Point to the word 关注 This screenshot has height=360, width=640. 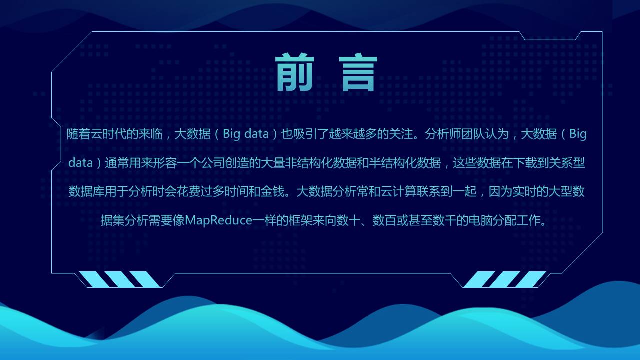[405, 134]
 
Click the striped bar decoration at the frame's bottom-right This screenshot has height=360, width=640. [505, 279]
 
